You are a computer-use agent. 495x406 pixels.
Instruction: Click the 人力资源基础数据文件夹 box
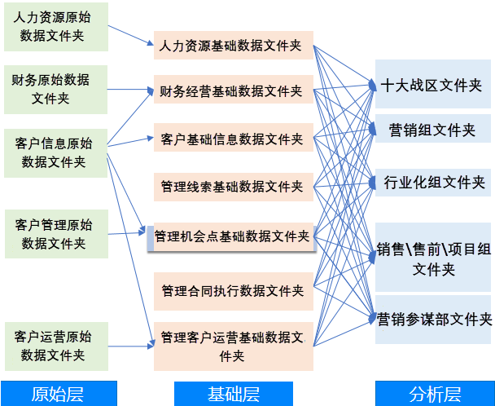click(232, 46)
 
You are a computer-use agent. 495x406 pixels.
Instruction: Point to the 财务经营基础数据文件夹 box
click(232, 90)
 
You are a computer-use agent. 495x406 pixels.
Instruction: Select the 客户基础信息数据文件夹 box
click(232, 139)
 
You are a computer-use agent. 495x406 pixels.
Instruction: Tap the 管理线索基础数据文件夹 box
click(232, 187)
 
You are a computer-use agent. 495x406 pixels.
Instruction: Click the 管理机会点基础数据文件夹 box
click(232, 236)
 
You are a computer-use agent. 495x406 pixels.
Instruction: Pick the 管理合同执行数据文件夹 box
click(232, 291)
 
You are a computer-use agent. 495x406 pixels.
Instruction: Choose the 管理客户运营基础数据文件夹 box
click(232, 346)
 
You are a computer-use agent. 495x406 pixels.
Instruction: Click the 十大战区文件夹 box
click(431, 85)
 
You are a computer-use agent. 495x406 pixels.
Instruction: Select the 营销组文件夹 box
click(431, 130)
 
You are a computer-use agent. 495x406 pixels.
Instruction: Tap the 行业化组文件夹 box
click(431, 182)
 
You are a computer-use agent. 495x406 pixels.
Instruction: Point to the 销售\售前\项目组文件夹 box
click(431, 258)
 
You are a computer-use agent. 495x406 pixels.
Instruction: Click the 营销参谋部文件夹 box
click(431, 318)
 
